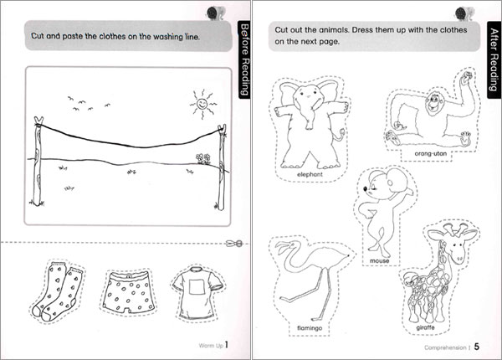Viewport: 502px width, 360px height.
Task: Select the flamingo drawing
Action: pyautogui.click(x=303, y=280)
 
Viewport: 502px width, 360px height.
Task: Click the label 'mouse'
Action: pyautogui.click(x=379, y=261)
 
